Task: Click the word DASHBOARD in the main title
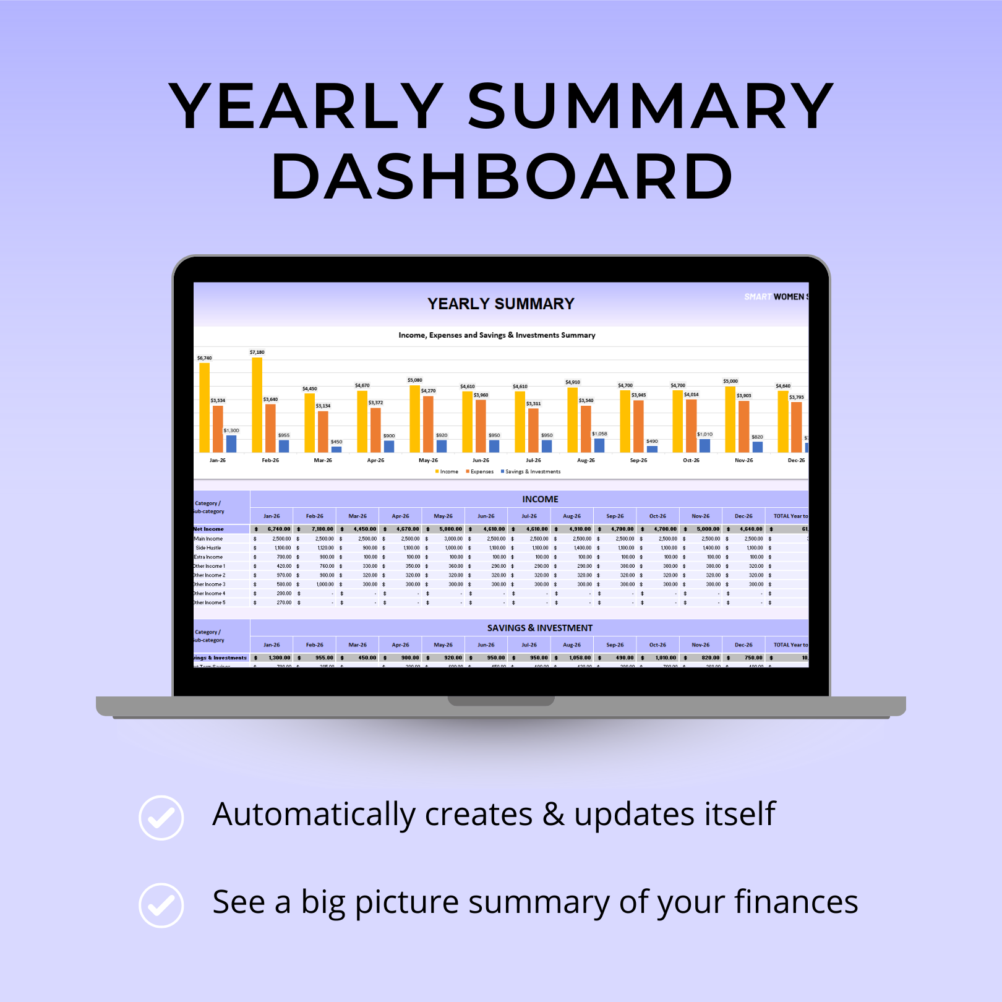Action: tap(502, 178)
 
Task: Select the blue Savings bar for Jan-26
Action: tap(231, 443)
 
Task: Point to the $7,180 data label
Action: tap(257, 352)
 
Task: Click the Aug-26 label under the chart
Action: tap(586, 460)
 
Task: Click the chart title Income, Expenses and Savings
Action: tap(497, 335)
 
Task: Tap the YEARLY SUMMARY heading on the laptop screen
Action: tap(501, 304)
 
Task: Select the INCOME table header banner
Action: tap(540, 499)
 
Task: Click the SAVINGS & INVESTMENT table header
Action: tap(540, 628)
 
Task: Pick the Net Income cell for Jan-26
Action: tap(272, 529)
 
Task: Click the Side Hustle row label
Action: tap(208, 548)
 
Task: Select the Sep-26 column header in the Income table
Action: tap(615, 516)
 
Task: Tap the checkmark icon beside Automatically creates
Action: tap(161, 818)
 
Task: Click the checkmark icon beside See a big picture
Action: tap(161, 906)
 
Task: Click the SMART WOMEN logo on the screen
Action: tap(776, 297)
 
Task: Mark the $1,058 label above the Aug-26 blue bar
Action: tap(599, 434)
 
